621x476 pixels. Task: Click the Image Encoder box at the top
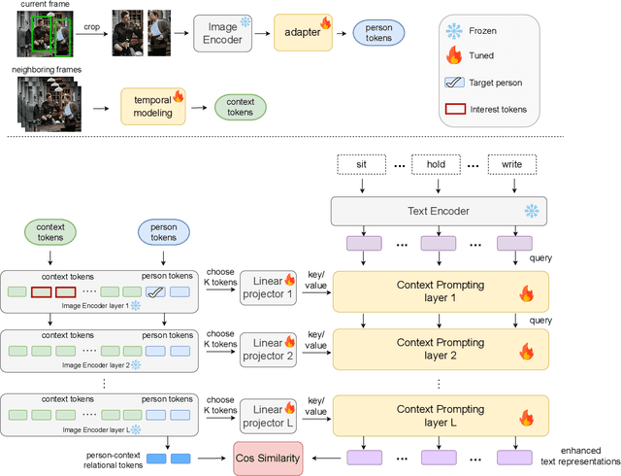(223, 34)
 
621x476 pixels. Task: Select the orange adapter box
(302, 34)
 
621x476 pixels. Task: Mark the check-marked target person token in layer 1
(155, 290)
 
